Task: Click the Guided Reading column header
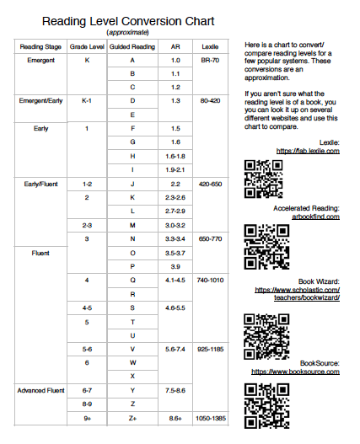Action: pos(132,46)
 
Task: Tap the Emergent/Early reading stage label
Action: pos(42,101)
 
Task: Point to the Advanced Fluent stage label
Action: pos(42,390)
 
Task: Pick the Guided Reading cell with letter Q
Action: pos(132,279)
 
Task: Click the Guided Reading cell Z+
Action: pos(132,418)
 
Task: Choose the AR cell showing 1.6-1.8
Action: pos(175,157)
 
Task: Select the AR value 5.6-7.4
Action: pos(175,348)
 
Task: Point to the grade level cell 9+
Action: pos(87,418)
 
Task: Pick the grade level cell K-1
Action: pos(87,101)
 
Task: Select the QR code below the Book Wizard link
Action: pos(261,331)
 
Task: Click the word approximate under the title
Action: pos(118,31)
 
